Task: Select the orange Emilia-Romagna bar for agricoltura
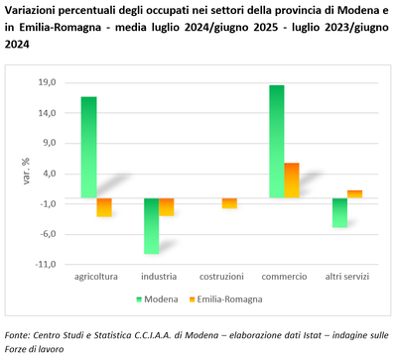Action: [103, 207]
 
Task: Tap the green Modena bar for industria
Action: [151, 225]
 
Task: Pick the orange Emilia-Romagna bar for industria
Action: [167, 206]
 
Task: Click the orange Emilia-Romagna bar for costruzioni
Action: [229, 202]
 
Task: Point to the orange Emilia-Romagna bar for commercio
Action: [292, 180]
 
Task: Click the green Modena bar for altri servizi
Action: [339, 212]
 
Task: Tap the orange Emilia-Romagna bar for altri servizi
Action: [354, 193]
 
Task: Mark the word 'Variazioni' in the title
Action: [32, 10]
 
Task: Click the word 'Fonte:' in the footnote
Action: [19, 335]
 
